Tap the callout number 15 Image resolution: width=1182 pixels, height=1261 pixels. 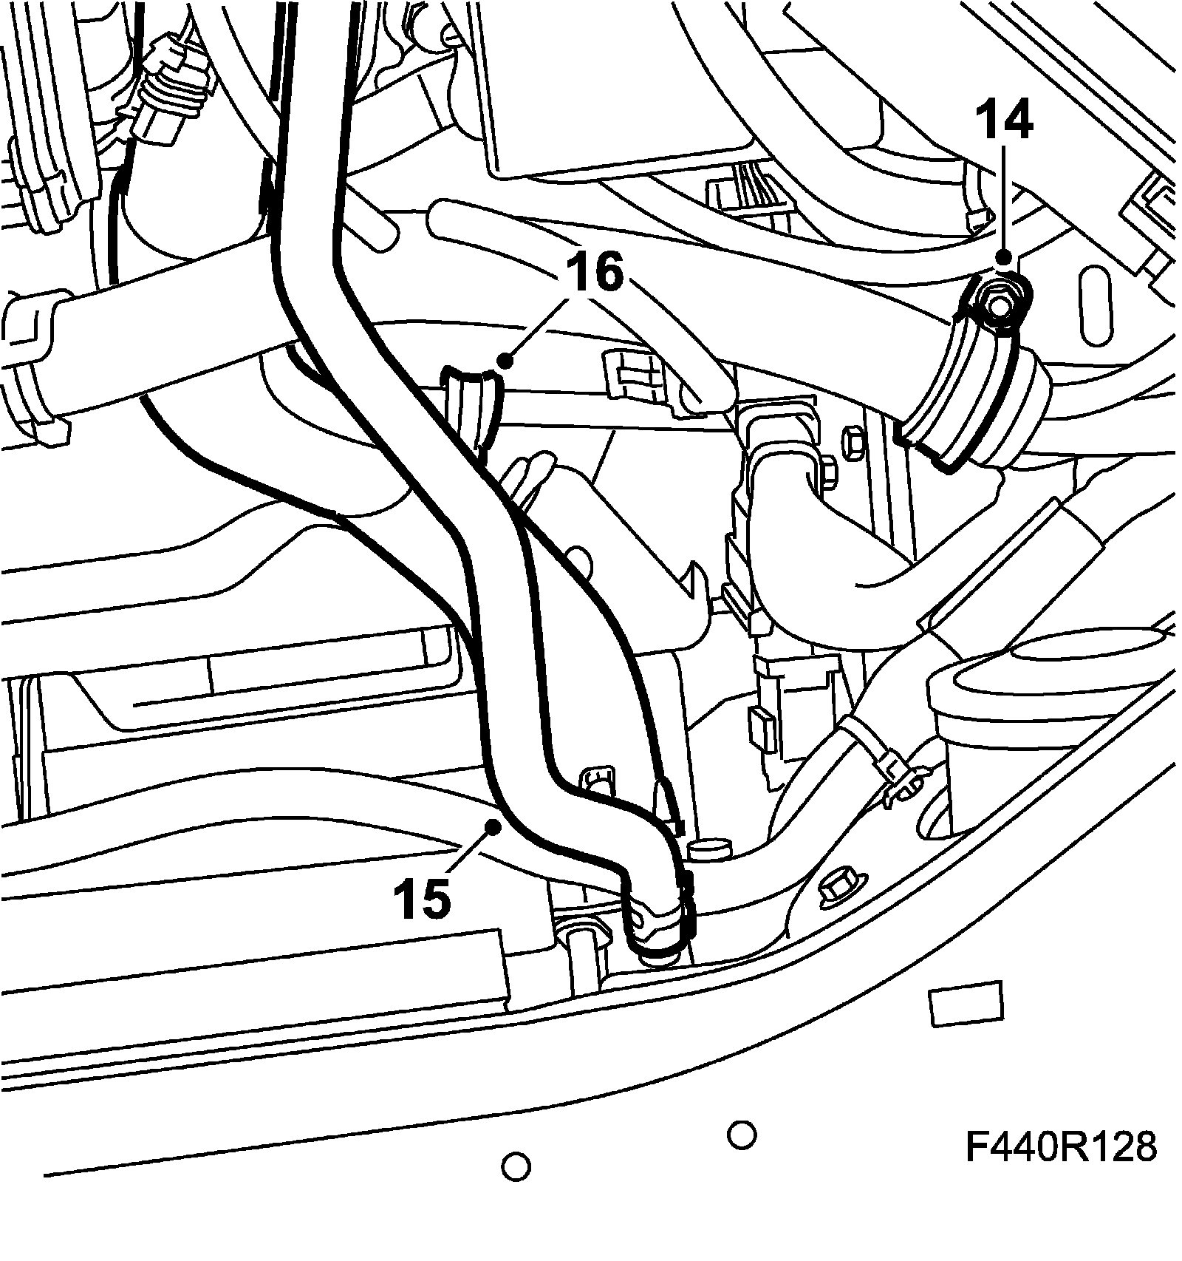423,898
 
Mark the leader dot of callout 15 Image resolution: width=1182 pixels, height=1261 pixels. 491,826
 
